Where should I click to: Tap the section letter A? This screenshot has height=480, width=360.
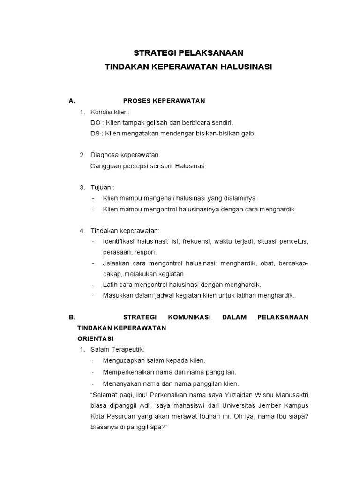[72, 101]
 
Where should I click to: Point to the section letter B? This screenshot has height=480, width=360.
[72, 317]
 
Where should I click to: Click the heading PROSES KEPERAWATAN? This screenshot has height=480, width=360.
[164, 101]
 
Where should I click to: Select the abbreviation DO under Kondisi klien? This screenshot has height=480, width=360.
[95, 123]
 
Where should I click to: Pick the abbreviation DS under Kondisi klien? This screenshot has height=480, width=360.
[95, 134]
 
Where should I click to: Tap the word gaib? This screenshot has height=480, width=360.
[247, 134]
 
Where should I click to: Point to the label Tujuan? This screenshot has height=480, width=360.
[100, 187]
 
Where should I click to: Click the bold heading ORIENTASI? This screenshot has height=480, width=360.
[95, 338]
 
